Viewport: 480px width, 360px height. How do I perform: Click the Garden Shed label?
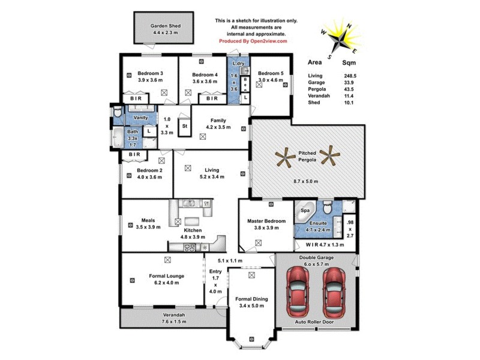tap(166, 26)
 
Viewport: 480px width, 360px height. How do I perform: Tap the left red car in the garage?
tap(298, 292)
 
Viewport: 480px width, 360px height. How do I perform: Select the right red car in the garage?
tap(335, 292)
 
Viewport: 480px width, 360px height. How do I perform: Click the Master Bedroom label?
tap(266, 221)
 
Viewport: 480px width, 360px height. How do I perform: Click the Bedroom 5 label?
tap(269, 73)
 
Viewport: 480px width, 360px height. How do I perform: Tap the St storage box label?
tap(185, 127)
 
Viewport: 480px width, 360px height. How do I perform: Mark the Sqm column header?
tap(349, 62)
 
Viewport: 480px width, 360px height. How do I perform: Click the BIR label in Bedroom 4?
tap(212, 98)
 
